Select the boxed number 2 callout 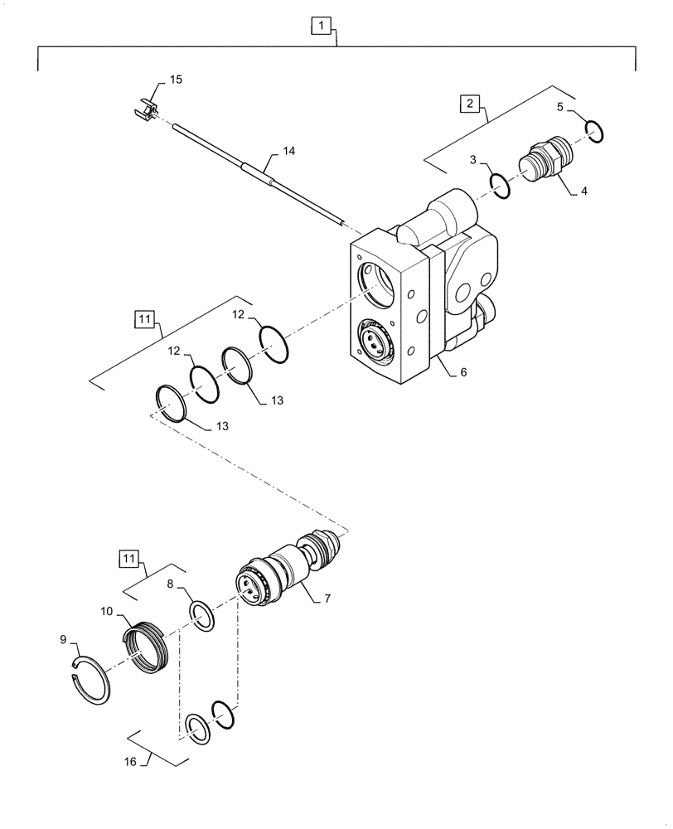click(470, 104)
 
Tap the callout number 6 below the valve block click(463, 372)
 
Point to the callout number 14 click(288, 152)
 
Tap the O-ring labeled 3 click(500, 187)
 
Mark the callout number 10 click(108, 611)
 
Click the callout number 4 click(583, 190)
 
